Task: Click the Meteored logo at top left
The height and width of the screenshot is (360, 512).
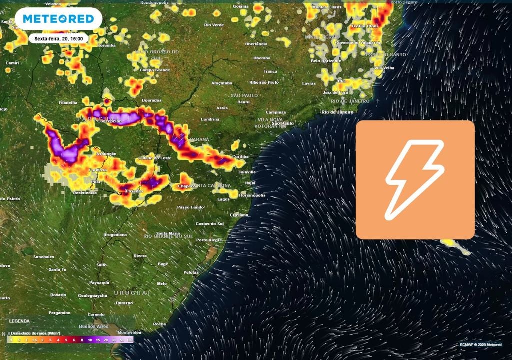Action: click(58, 19)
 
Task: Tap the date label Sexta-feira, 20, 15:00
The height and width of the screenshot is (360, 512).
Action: click(59, 38)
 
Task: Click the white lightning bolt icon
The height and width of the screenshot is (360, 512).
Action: click(415, 180)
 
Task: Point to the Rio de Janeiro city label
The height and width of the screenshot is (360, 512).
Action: click(337, 112)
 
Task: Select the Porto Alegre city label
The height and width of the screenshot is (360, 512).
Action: click(209, 240)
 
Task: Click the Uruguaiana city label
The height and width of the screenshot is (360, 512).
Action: click(115, 234)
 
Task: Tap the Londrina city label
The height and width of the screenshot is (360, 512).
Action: click(210, 119)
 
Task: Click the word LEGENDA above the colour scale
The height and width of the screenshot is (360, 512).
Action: click(19, 321)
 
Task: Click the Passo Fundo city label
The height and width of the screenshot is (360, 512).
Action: click(190, 207)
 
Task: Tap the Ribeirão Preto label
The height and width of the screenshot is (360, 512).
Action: click(264, 82)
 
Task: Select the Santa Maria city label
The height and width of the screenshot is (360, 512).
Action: click(168, 233)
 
